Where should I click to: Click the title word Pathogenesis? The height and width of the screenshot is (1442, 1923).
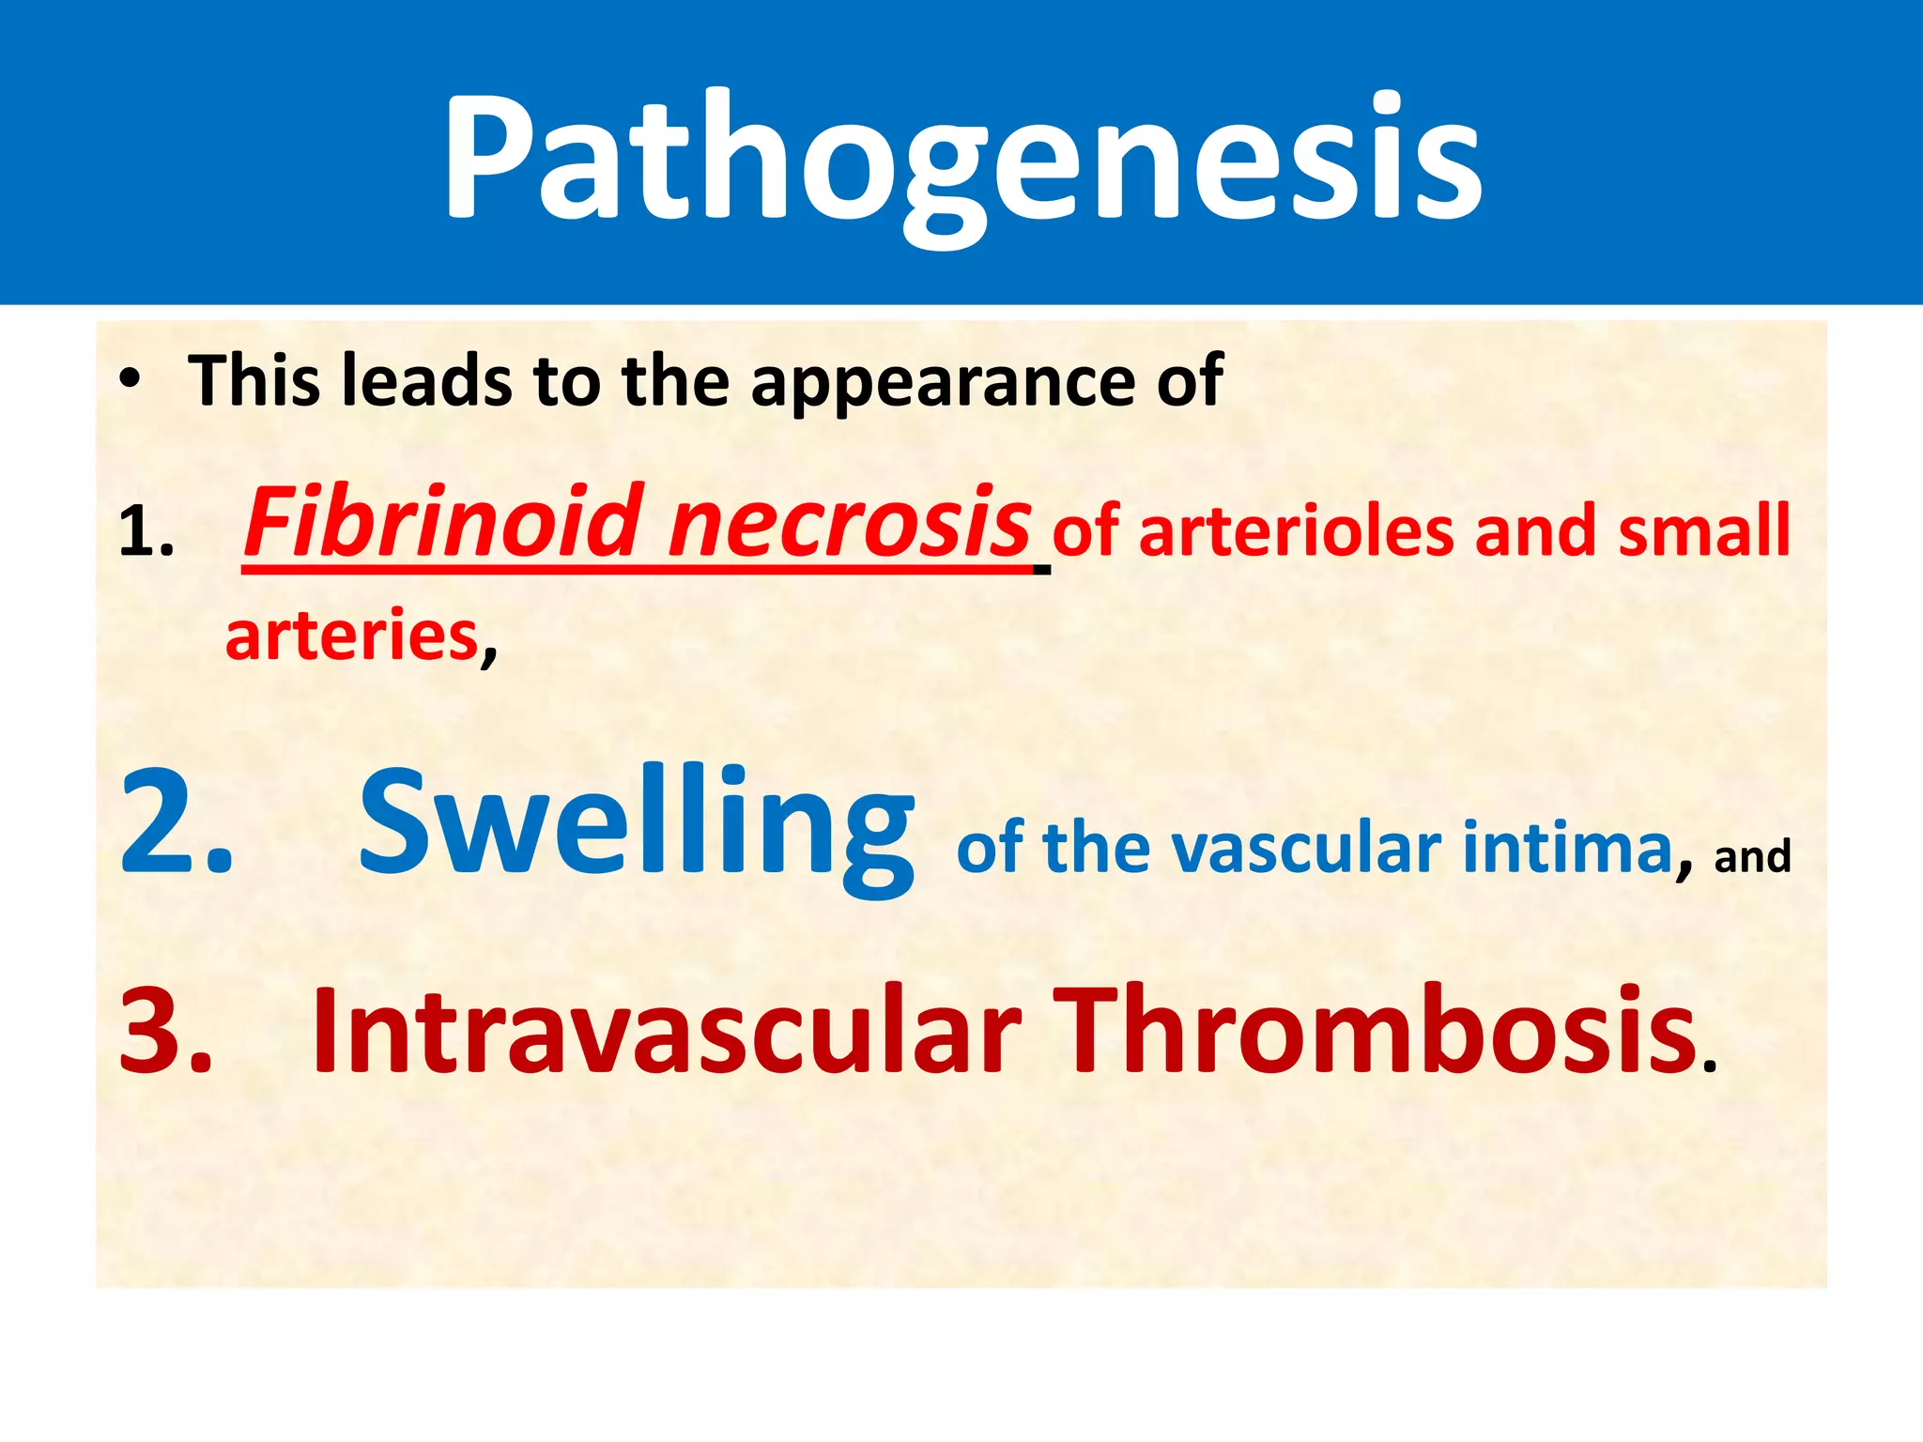pos(961,160)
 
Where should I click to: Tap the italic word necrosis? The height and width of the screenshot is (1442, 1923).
pos(850,524)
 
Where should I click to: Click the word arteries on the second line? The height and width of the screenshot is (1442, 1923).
pos(352,637)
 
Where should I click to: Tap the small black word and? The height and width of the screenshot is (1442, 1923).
pos(1752,857)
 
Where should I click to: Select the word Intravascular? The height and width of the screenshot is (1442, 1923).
pos(666,1029)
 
